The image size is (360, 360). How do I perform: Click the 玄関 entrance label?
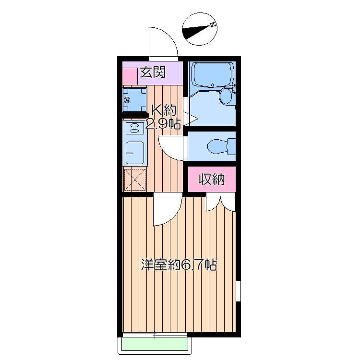153,73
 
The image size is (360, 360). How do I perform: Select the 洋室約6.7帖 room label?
179,264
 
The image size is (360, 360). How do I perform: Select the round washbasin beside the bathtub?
226,96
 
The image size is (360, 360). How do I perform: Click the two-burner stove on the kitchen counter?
134,128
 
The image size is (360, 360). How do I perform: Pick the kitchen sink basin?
134,153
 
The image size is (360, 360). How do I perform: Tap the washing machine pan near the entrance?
134,100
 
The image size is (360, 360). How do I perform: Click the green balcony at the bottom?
155,344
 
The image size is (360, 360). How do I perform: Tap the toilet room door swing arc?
172,148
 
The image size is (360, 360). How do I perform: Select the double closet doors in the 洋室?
220,204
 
